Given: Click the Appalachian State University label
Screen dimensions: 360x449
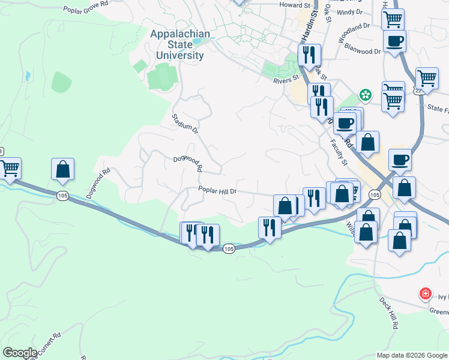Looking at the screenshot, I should (180, 44).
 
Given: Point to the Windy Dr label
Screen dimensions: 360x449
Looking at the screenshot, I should (350, 11).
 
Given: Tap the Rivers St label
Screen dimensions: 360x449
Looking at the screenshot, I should (286, 79).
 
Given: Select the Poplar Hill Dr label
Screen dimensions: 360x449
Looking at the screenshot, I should (218, 191).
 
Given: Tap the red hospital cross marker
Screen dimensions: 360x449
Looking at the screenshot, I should (425, 293).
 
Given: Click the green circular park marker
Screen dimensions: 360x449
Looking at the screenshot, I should (364, 95).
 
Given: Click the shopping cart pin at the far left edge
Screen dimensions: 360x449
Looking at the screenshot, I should (10, 169).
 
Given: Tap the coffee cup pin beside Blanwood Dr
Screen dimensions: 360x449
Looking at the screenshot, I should (395, 41).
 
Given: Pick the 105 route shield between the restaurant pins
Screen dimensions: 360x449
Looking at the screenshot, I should (228, 248).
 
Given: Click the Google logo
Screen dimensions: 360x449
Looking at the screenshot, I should (20, 353).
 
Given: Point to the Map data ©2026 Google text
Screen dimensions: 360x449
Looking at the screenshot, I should (411, 355).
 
